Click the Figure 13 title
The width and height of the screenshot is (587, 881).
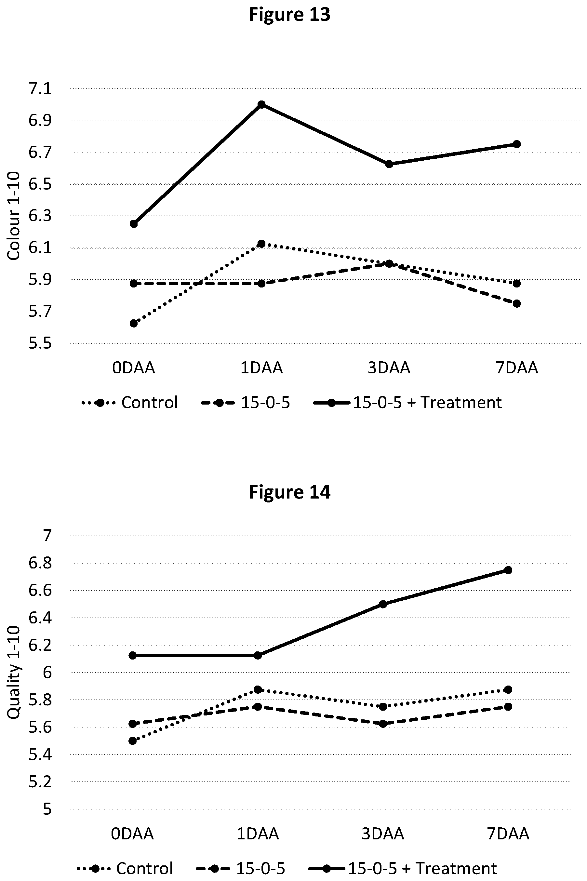pos(289,15)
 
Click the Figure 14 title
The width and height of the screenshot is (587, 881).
pos(289,492)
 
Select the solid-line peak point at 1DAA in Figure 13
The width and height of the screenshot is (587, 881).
pos(262,104)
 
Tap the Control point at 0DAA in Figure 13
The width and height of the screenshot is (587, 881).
pos(134,323)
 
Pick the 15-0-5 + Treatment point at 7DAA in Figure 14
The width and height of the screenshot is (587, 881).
pos(508,570)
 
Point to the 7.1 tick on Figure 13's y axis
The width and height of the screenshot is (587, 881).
pos(40,89)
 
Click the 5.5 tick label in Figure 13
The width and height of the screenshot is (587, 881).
pos(40,343)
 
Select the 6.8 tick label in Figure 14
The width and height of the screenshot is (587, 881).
pos(40,563)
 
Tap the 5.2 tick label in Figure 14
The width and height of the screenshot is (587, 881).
pos(40,781)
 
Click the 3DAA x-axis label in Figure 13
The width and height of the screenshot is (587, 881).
pos(389,368)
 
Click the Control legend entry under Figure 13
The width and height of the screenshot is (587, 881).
pos(130,403)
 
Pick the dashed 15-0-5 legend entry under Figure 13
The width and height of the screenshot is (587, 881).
pos(246,403)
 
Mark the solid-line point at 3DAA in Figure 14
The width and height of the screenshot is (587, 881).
pos(382,604)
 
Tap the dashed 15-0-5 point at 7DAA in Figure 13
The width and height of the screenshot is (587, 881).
pos(517,303)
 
